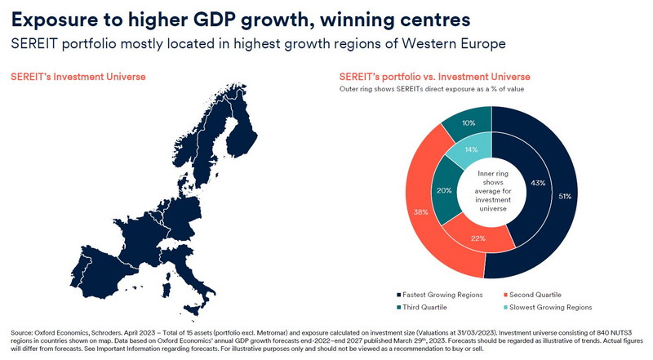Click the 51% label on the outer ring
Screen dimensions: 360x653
tap(564, 197)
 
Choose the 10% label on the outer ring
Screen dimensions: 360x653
tap(469, 123)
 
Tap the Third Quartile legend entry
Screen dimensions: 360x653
tap(429, 307)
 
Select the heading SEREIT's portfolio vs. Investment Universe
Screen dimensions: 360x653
tap(432, 77)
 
